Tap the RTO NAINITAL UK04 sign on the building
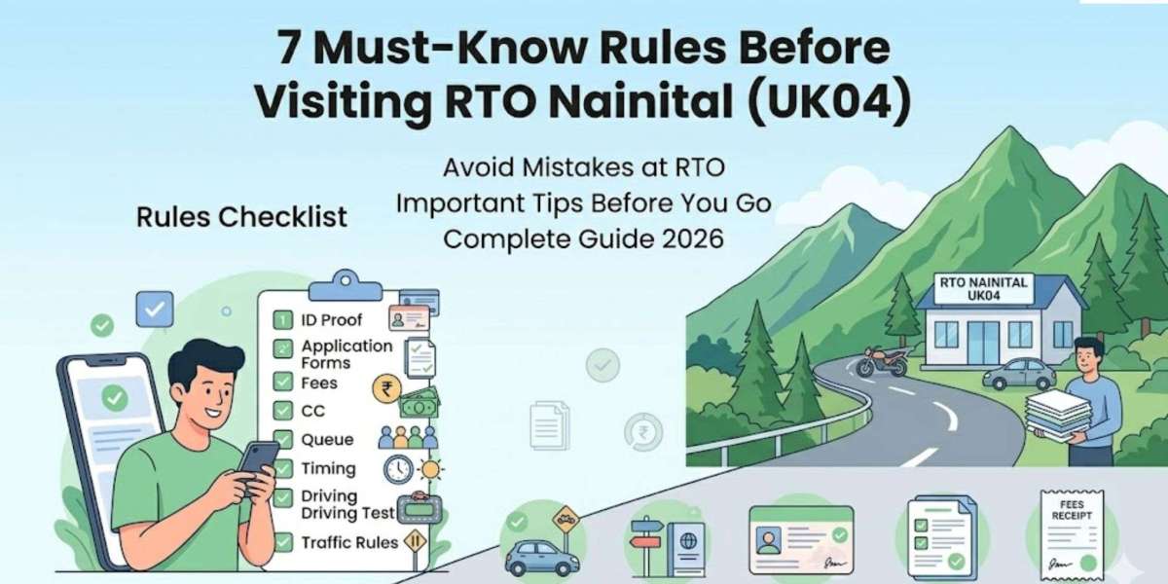[x=981, y=289]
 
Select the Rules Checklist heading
[x=242, y=217]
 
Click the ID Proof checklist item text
[x=331, y=320]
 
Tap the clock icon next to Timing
[x=399, y=470]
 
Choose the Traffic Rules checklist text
[x=349, y=542]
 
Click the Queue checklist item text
[x=328, y=439]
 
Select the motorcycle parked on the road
[x=883, y=361]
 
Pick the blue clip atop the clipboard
[x=347, y=281]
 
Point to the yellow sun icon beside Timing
[x=429, y=470]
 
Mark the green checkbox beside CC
[x=283, y=411]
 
